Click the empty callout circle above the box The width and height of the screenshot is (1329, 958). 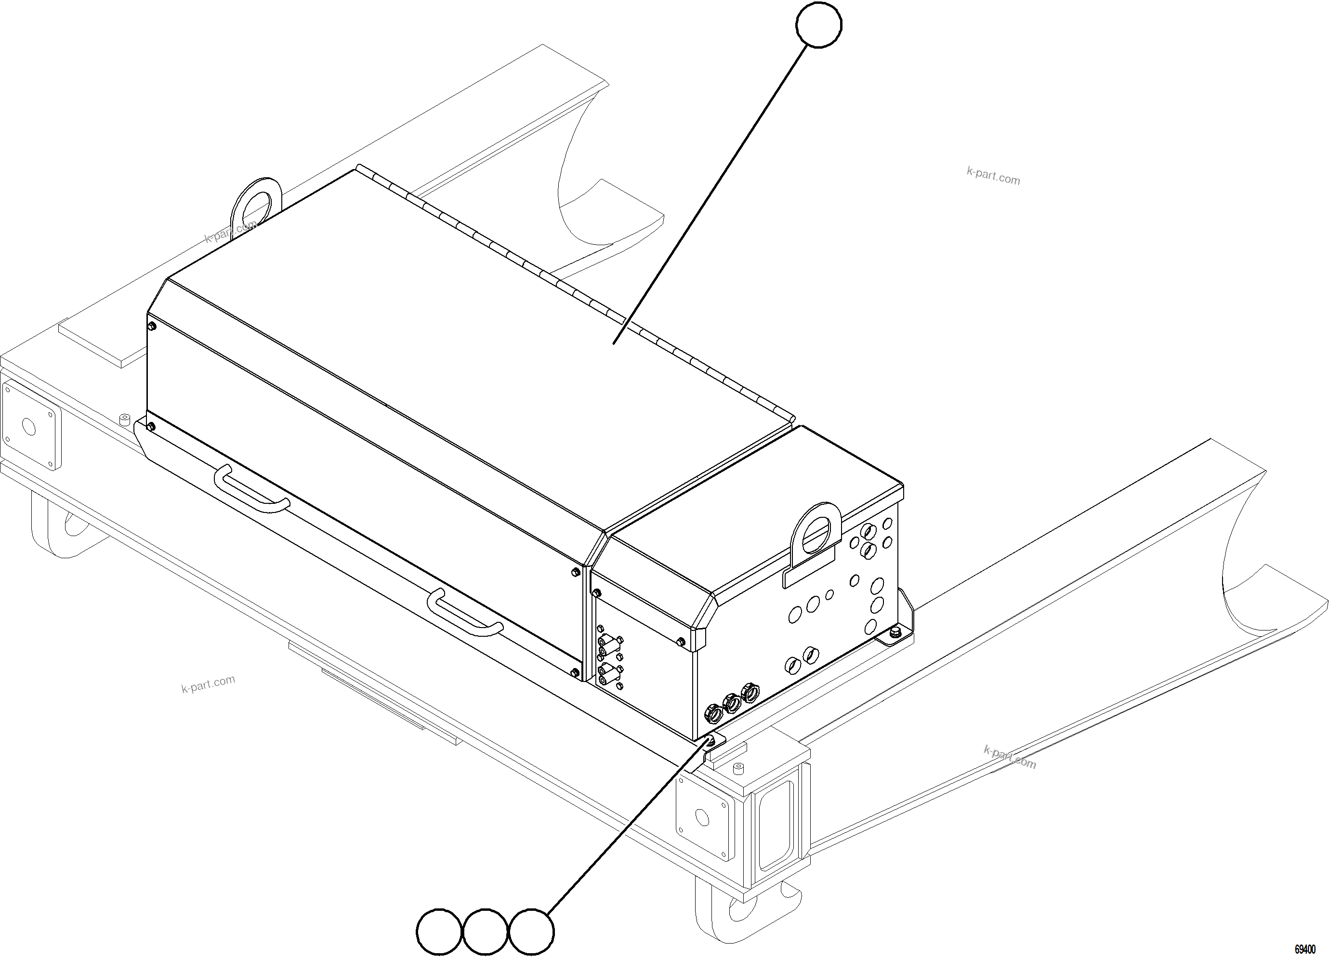coord(818,24)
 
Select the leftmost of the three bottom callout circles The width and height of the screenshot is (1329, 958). coord(439,931)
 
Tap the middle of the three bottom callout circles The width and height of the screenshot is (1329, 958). coord(485,931)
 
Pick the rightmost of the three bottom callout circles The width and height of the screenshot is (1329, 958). coord(531,931)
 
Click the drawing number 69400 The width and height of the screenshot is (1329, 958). coord(1304,949)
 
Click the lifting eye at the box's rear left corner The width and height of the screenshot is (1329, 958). coord(257,203)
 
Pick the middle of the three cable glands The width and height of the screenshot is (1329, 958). coord(731,703)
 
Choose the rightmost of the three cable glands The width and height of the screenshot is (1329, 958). coord(749,693)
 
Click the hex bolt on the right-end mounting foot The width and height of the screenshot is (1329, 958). coord(895,632)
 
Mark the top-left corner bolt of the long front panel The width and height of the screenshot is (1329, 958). coord(152,326)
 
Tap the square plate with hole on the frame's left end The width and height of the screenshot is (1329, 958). coord(29,425)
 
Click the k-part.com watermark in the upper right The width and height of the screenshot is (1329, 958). coord(993,176)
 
